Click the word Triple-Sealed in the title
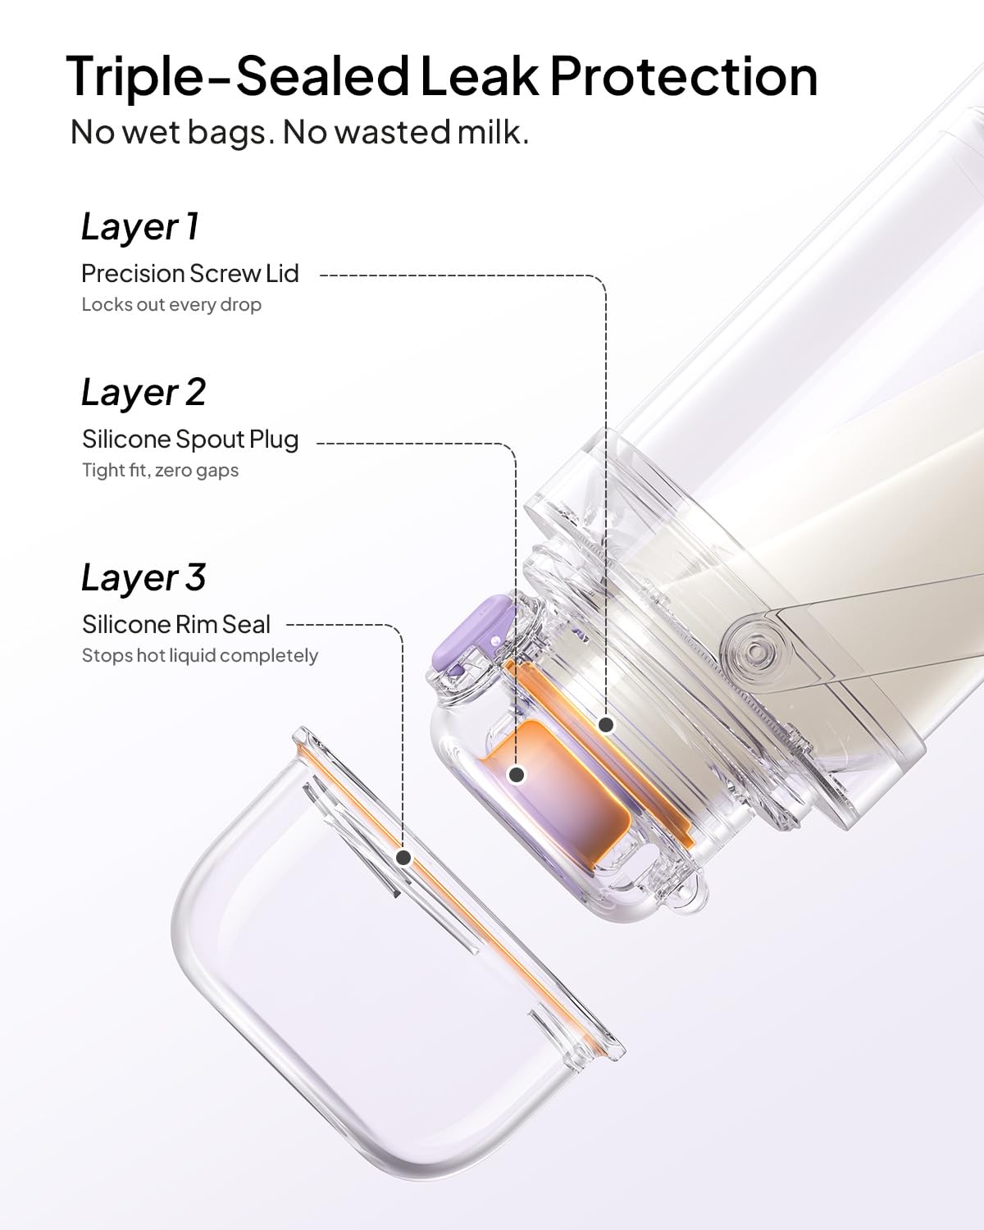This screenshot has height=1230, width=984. (237, 77)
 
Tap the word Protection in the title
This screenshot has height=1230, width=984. (684, 75)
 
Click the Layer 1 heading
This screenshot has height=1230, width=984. (140, 227)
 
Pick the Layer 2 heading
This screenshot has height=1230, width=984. (143, 394)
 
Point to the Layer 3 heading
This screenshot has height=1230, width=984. (143, 578)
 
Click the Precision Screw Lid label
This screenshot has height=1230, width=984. (189, 274)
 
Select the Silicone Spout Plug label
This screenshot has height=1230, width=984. (190, 440)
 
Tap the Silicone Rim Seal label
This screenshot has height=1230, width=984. (176, 625)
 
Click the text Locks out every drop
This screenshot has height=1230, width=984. (171, 305)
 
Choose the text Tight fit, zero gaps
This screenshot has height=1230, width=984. (161, 471)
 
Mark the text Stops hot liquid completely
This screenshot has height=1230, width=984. (200, 655)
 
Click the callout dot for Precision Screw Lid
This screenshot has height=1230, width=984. (606, 726)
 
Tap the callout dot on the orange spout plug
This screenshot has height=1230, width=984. (517, 775)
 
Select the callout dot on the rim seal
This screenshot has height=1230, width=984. (403, 858)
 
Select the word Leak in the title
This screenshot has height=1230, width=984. (479, 75)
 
